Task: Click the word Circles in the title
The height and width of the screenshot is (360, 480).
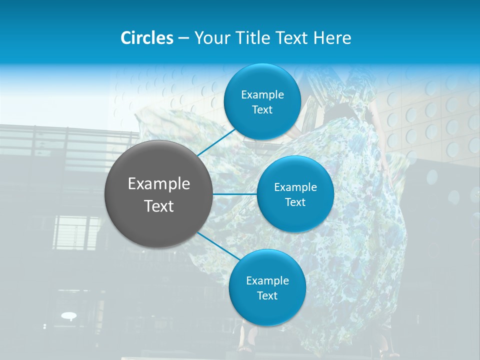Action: pyautogui.click(x=147, y=38)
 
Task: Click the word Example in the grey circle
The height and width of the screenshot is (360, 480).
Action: pyautogui.click(x=159, y=184)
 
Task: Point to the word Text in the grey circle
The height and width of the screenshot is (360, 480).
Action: pyautogui.click(x=159, y=206)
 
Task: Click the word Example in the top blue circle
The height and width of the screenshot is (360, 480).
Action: pyautogui.click(x=262, y=94)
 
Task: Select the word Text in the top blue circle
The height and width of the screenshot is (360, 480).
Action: pyautogui.click(x=262, y=109)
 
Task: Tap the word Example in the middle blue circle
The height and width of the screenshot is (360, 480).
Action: pyautogui.click(x=295, y=187)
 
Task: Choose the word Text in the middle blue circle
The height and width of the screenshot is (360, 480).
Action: pyautogui.click(x=295, y=202)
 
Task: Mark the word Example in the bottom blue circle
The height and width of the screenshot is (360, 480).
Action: pyautogui.click(x=267, y=280)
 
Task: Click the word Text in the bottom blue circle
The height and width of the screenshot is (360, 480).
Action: pyautogui.click(x=267, y=295)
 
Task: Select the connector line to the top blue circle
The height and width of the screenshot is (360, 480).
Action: pyautogui.click(x=216, y=142)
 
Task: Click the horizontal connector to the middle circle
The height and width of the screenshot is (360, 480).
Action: pyautogui.click(x=235, y=194)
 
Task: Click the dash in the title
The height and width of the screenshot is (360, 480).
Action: pyautogui.click(x=183, y=38)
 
